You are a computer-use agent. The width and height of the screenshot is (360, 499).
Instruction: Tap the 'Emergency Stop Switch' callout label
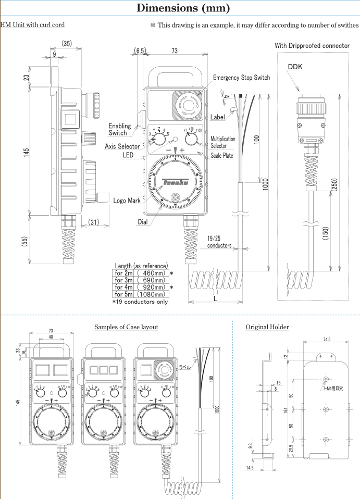point(241,78)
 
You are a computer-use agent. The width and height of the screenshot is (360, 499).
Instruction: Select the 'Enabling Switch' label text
point(119,129)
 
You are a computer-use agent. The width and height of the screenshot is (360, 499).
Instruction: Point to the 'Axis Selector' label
point(122,147)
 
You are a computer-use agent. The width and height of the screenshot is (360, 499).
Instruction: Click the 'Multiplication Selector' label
point(222,143)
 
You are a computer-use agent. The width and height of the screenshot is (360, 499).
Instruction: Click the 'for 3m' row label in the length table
point(123,280)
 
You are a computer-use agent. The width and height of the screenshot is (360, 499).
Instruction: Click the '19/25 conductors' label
point(219,242)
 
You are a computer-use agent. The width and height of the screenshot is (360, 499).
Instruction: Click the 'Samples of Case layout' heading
point(126,327)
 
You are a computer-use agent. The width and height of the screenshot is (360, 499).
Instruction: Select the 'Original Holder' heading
point(267,327)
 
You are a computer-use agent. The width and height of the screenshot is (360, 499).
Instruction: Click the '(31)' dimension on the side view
point(94,222)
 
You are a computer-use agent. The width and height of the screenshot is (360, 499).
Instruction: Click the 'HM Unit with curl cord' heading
point(32,25)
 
